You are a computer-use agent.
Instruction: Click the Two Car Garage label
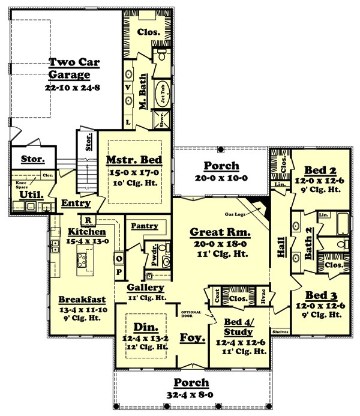[x=69, y=68]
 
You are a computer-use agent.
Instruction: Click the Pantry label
[x=144, y=226]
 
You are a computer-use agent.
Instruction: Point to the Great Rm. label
[x=220, y=232]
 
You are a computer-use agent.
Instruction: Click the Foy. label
[x=191, y=337]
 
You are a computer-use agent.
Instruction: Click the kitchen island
[x=82, y=260]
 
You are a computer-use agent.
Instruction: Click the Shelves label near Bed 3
[x=280, y=331]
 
